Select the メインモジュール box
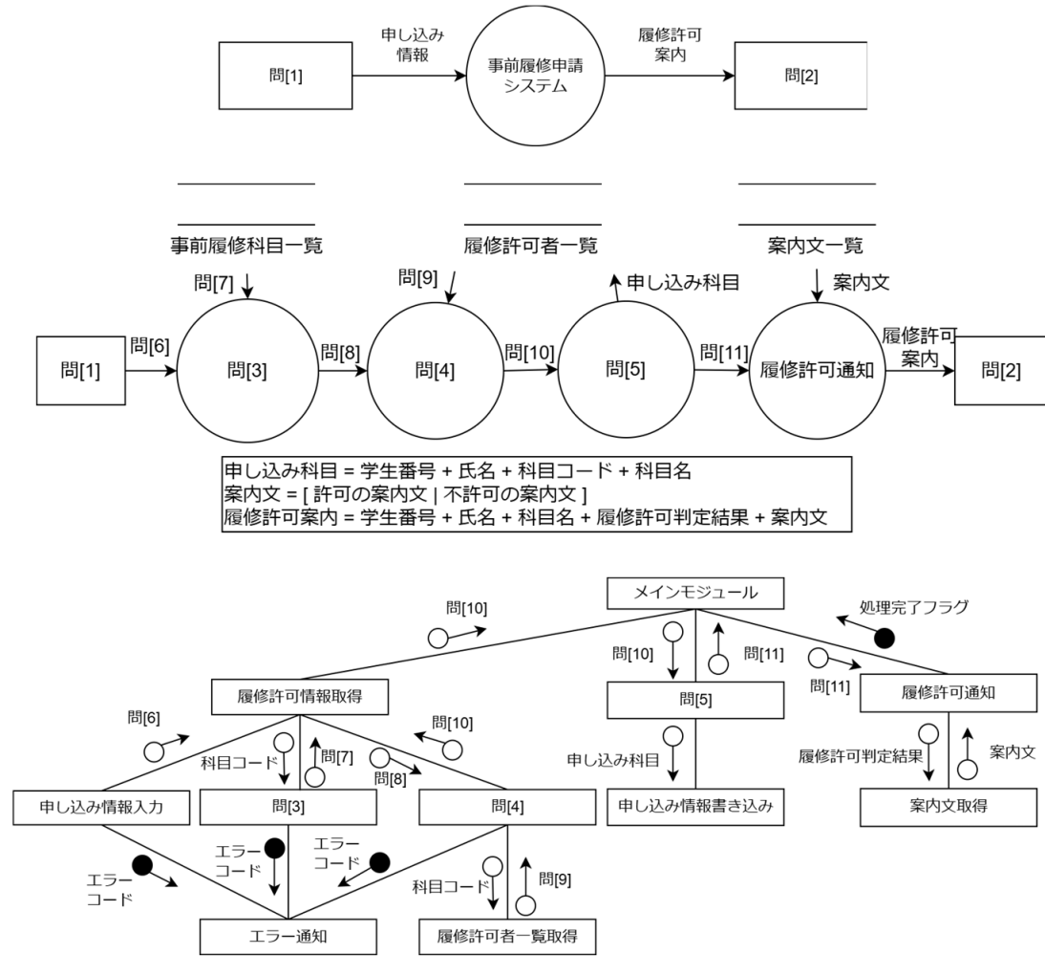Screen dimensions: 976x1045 695,594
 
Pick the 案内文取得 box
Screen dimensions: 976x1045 948,808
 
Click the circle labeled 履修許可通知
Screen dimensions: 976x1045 818,371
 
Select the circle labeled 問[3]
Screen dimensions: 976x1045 246,371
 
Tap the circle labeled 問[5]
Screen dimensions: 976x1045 627,371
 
